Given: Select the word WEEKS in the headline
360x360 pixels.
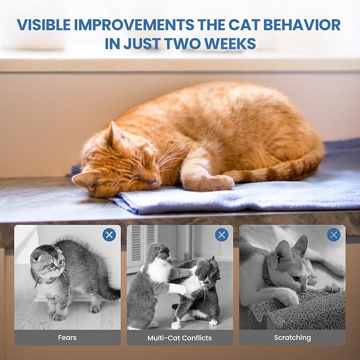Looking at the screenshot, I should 230,43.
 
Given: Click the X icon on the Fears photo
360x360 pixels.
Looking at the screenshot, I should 109,235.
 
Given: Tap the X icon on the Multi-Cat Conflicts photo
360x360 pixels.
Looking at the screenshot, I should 222,235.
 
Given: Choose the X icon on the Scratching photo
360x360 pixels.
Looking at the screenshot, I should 333,235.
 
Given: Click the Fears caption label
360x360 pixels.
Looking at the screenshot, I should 67,338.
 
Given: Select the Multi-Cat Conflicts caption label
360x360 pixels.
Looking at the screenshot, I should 179,338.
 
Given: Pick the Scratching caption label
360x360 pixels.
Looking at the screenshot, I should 292,338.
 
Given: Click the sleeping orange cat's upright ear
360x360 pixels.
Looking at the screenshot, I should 114,135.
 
